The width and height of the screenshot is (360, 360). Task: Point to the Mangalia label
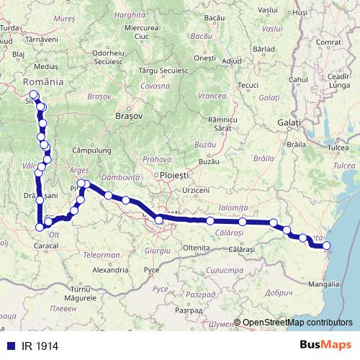pos(316,284)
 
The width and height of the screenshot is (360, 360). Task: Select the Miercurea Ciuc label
pos(141,31)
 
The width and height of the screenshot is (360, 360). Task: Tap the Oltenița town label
pos(195,247)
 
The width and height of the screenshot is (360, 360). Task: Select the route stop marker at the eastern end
pos(327,246)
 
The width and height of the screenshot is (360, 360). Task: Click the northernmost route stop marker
pos(33,94)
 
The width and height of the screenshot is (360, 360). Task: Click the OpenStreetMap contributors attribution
pos(297,323)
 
